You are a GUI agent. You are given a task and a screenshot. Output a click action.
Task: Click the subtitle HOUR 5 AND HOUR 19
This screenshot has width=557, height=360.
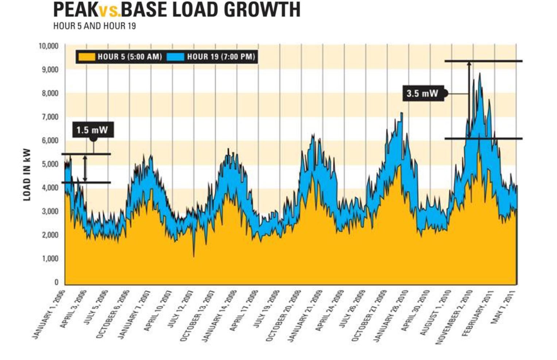[94, 26]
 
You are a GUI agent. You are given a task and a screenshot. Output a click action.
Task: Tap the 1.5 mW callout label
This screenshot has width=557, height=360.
[92, 130]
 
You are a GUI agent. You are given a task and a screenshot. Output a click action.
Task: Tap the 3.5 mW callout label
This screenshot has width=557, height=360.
[422, 93]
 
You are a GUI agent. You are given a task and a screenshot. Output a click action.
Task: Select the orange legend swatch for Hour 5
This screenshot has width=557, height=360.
[87, 57]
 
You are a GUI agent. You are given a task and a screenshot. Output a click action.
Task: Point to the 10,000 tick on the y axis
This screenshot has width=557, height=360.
[49, 46]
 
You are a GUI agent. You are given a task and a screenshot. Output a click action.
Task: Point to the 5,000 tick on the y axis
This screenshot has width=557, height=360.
[50, 164]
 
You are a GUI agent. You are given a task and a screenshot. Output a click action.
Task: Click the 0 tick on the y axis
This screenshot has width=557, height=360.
[56, 282]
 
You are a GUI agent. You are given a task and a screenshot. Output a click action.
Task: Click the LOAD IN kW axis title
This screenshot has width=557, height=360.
[27, 175]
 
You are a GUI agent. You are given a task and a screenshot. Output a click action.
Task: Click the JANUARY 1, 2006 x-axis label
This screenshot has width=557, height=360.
[49, 314]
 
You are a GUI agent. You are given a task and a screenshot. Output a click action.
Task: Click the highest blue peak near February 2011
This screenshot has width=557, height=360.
[480, 74]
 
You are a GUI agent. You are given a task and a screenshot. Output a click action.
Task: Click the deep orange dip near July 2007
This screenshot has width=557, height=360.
[194, 255]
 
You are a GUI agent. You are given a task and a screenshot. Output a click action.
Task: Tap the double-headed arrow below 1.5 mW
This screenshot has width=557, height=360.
[85, 168]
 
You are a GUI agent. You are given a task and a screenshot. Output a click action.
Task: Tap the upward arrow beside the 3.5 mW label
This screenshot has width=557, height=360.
[469, 98]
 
